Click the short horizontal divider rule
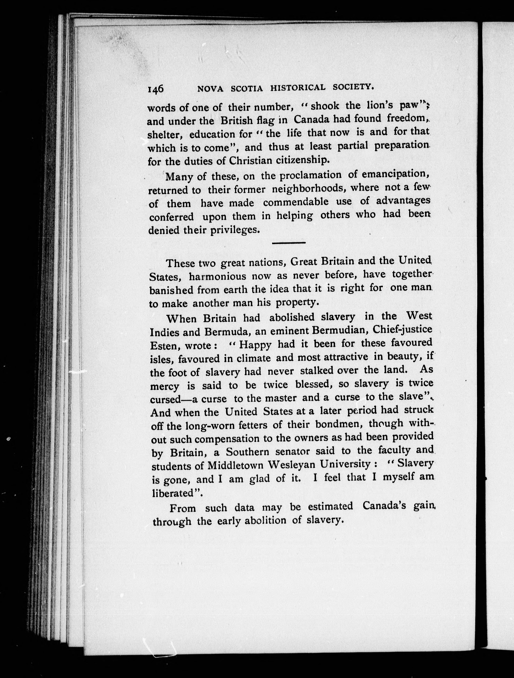[288, 243]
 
